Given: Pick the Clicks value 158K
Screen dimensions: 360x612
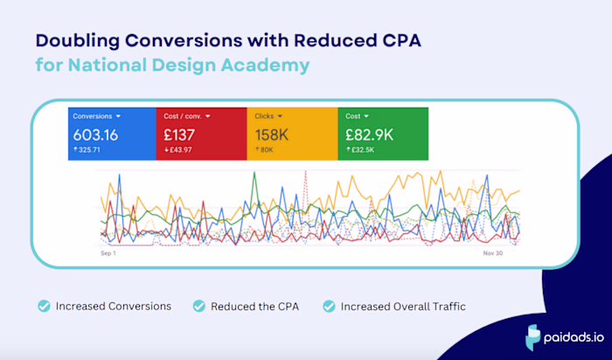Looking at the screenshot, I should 272,135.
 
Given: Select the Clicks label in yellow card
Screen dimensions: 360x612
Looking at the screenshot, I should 264,115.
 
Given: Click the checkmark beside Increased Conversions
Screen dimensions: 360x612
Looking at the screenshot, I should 43,306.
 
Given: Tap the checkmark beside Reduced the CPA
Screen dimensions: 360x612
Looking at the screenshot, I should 198,306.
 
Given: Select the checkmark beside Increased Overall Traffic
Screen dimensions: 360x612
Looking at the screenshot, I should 329,306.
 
